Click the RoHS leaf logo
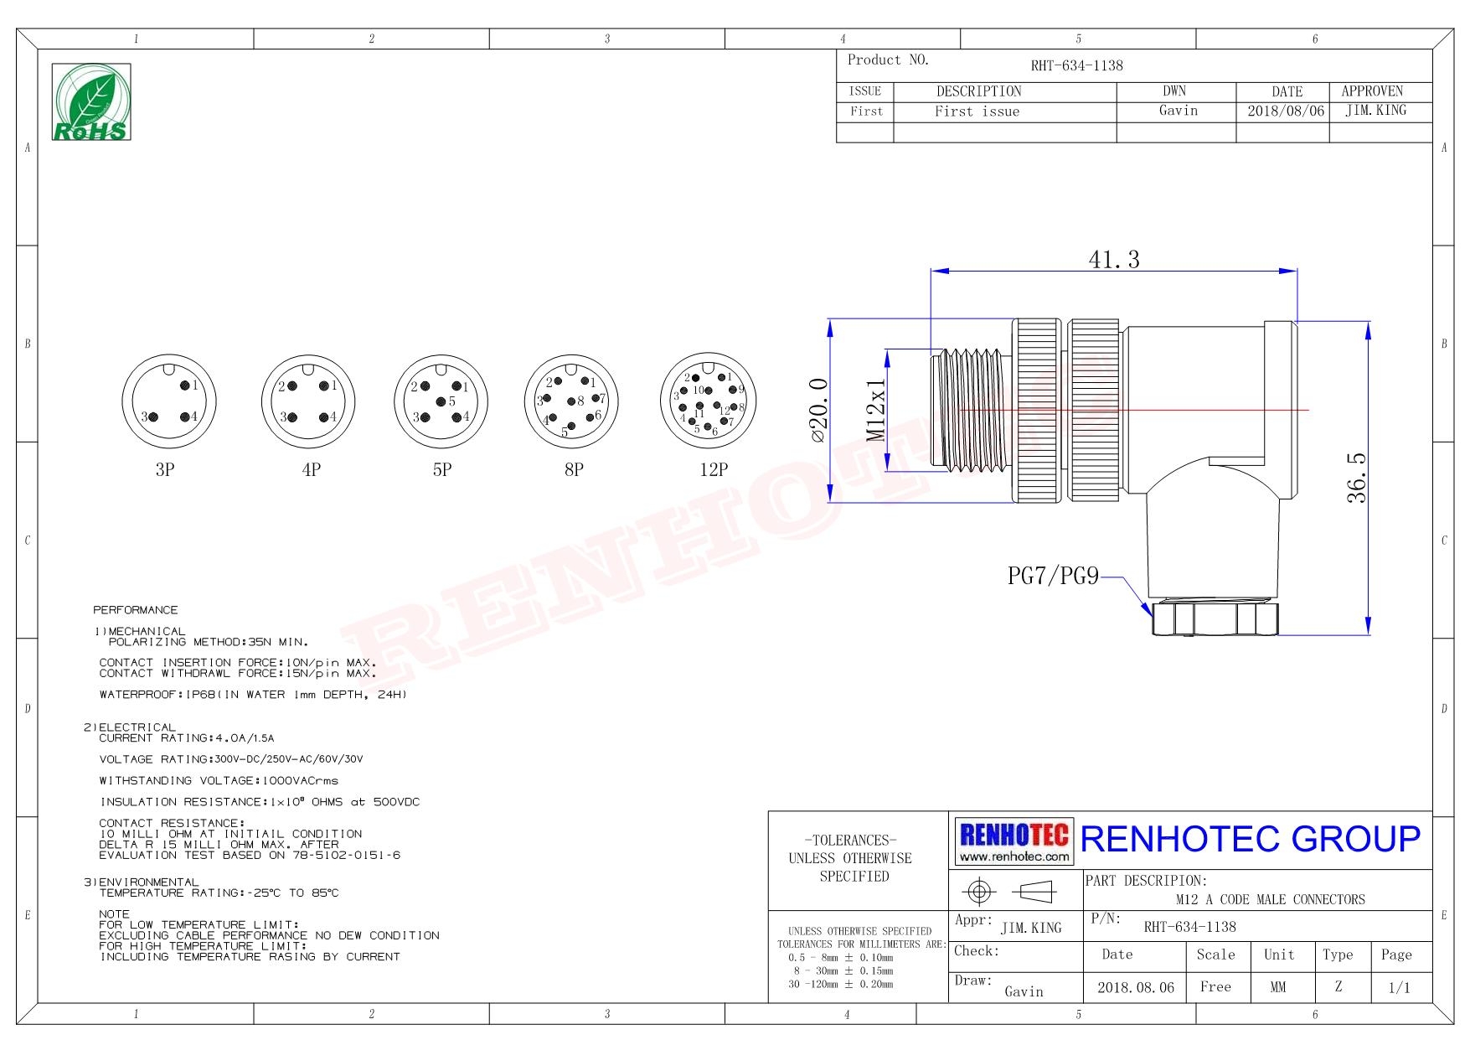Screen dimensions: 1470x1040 [x=91, y=101]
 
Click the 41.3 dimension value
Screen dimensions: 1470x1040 [x=1114, y=260]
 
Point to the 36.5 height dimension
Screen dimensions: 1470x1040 [x=1356, y=478]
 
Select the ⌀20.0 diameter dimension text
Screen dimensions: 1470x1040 [x=818, y=410]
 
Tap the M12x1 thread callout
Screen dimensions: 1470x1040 [x=875, y=410]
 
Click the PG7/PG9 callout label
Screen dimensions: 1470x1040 [x=1053, y=576]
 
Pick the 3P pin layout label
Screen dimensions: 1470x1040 [x=165, y=469]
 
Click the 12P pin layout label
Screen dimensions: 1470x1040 [x=714, y=469]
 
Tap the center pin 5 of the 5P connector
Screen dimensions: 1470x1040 [x=441, y=401]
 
